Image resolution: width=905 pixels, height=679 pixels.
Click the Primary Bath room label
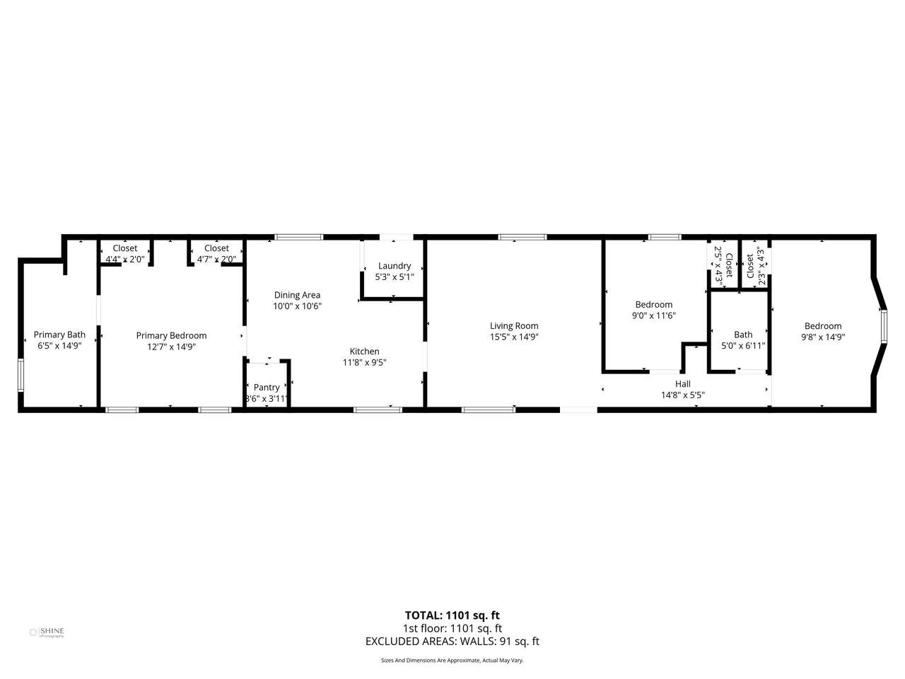tap(59, 335)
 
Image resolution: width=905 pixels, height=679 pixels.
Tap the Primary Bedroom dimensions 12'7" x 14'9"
tap(171, 347)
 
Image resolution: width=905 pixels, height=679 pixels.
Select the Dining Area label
tap(297, 295)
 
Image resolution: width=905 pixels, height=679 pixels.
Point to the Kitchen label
tap(364, 352)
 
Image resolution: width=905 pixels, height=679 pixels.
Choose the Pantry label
tap(267, 388)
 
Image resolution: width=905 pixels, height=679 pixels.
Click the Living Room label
tap(514, 326)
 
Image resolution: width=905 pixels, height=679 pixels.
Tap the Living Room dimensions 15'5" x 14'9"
tap(514, 337)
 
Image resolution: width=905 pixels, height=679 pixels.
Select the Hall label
tap(683, 384)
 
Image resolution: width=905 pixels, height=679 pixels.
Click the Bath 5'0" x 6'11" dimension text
tap(743, 345)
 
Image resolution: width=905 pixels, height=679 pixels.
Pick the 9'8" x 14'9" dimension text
tap(823, 337)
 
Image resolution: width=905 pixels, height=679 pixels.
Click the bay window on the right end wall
tap(884, 325)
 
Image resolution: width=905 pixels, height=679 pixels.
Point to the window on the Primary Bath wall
tap(21, 375)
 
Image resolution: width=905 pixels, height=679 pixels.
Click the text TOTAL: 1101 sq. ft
tap(452, 615)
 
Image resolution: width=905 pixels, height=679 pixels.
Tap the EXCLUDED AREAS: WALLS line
tap(452, 641)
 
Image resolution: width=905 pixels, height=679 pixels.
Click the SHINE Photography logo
tap(47, 632)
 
